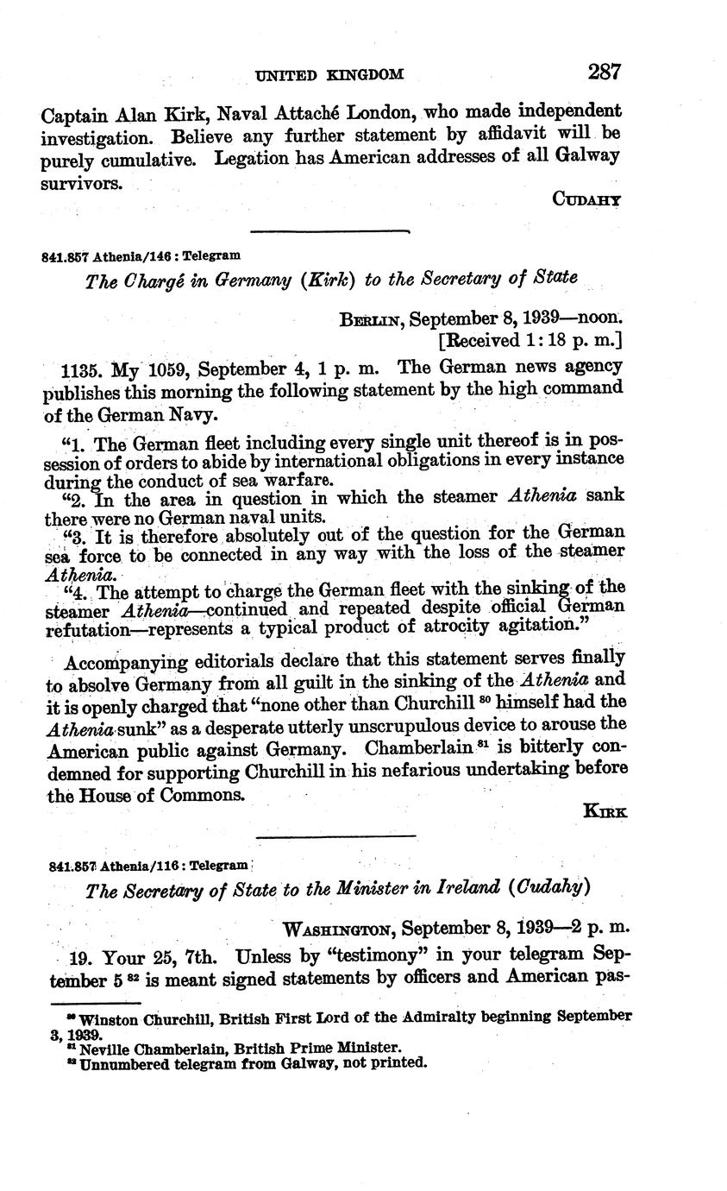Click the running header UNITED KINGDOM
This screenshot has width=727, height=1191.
[330, 75]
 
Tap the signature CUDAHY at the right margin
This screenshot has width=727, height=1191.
[586, 198]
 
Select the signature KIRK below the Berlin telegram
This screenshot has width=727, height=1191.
[605, 810]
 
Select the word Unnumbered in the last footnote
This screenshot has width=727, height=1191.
[120, 1062]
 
